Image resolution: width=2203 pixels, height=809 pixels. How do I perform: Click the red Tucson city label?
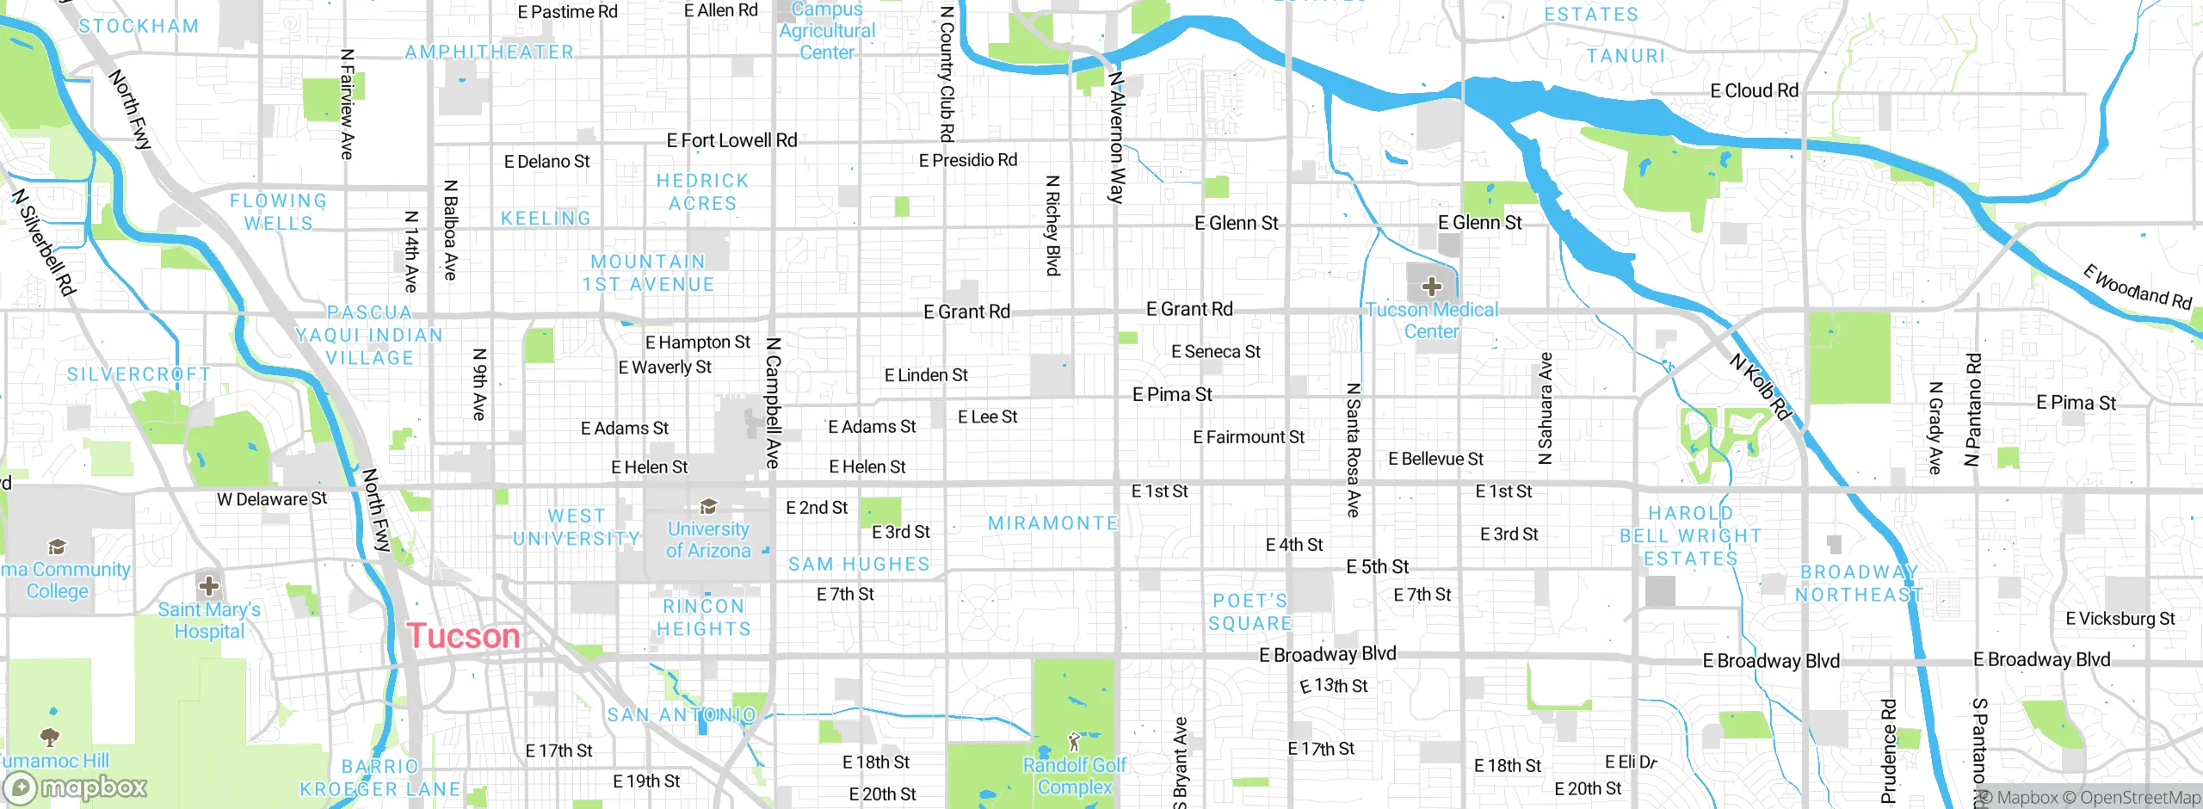point(463,636)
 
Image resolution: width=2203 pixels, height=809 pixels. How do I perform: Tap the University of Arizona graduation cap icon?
point(708,506)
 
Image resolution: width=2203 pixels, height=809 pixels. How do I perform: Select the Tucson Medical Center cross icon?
point(1431,286)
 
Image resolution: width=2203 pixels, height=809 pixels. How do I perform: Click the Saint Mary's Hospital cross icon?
point(208,587)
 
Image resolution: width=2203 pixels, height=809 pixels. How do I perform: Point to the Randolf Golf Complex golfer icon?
point(1073,741)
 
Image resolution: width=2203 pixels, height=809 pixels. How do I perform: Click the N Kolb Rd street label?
point(1760,387)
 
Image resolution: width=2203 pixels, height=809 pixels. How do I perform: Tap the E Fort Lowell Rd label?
point(731,140)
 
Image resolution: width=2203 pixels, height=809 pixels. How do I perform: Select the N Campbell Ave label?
point(773,403)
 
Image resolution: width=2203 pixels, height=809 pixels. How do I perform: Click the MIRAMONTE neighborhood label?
point(1052,523)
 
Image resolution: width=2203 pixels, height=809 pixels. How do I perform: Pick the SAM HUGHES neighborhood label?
point(859,565)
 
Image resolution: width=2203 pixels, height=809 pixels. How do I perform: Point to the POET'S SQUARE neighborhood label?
point(1250,612)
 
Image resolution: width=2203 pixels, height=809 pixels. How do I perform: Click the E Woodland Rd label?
point(2137,287)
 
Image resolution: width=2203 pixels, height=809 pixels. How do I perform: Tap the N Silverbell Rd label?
point(44,243)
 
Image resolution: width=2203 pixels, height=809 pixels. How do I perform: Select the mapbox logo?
point(75,787)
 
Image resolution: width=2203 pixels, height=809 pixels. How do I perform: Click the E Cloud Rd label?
point(1754,90)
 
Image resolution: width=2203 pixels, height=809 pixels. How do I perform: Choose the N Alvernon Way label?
point(1116,137)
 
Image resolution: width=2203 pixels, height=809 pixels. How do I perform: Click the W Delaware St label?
point(272,499)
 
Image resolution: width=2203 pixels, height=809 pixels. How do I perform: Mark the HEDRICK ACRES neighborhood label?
point(702,192)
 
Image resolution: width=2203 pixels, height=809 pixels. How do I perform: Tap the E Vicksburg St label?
point(2120,619)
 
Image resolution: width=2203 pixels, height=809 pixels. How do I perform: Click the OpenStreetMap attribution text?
point(2139,798)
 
